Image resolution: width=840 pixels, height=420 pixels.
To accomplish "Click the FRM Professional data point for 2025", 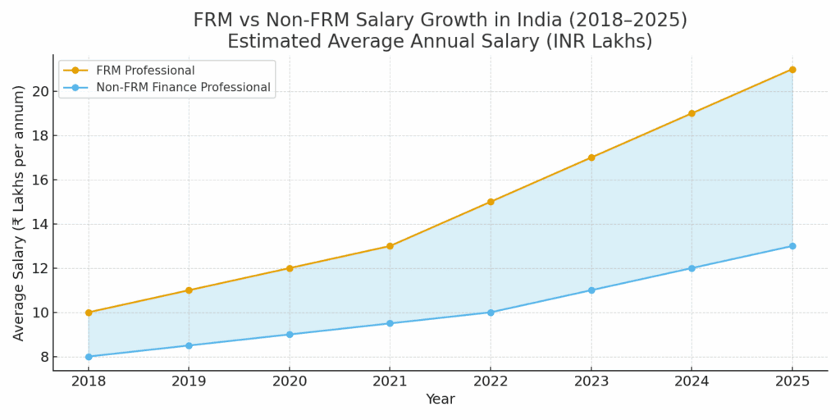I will click(x=792, y=70).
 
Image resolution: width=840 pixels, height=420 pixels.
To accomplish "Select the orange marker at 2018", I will click(x=89, y=313).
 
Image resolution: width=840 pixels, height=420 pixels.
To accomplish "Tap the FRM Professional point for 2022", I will click(x=491, y=202).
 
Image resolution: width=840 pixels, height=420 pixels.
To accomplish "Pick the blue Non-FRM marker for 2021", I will click(x=390, y=323).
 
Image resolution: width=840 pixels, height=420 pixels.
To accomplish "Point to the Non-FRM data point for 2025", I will click(x=792, y=246).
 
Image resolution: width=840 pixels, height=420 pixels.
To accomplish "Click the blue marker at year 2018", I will click(x=89, y=357).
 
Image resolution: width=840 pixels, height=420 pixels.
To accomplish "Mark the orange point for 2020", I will click(x=290, y=268).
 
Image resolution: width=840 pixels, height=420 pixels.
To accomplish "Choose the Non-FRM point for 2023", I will click(x=591, y=290).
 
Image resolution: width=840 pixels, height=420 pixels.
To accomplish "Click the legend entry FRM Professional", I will click(x=145, y=71).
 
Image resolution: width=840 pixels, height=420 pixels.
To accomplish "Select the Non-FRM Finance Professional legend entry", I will click(x=183, y=87).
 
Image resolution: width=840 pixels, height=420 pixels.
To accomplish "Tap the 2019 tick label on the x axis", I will click(x=189, y=381).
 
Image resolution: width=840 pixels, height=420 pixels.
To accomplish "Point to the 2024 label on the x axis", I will click(x=692, y=381).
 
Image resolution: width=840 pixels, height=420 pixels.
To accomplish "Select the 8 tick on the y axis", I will click(x=39, y=357).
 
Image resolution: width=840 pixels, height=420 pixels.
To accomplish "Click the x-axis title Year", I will click(x=440, y=399).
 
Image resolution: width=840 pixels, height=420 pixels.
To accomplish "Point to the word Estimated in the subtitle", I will click(x=272, y=41).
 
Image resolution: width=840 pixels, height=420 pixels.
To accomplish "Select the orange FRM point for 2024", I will click(x=692, y=113).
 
